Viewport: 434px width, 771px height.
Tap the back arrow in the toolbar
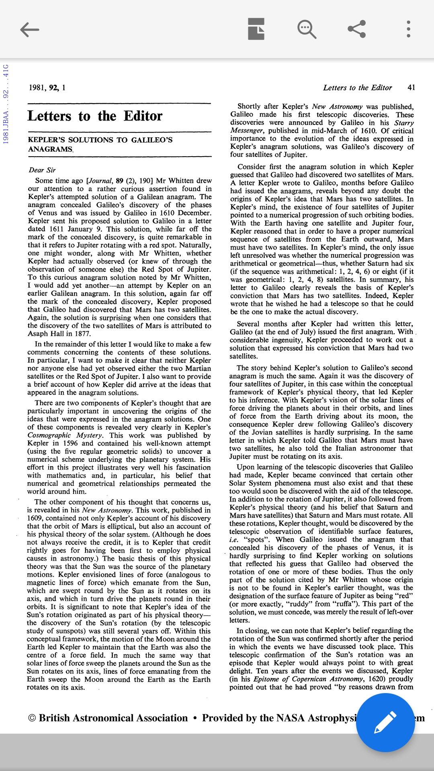point(29,29)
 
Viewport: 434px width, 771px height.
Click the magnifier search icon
point(307,29)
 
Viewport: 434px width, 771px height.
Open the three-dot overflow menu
point(408,29)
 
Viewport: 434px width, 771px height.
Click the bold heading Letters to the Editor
point(95,116)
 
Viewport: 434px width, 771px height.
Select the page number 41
point(411,88)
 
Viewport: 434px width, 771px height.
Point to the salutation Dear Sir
point(42,170)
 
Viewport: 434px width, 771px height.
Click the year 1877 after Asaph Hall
point(83,334)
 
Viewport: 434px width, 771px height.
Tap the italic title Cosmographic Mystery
point(65,435)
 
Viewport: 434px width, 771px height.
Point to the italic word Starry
point(403,122)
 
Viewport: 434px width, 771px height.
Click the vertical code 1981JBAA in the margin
point(6,131)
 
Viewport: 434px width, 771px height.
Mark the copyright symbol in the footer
point(32,718)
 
